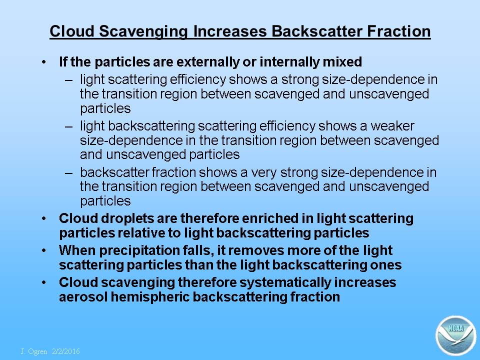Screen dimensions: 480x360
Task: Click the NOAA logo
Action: click(456, 335)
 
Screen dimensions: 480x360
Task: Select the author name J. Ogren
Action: click(34, 351)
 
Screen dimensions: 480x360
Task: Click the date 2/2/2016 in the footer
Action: click(66, 351)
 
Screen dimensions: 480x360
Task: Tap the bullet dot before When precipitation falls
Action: click(44, 250)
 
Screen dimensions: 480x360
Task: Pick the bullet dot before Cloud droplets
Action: click(44, 219)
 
